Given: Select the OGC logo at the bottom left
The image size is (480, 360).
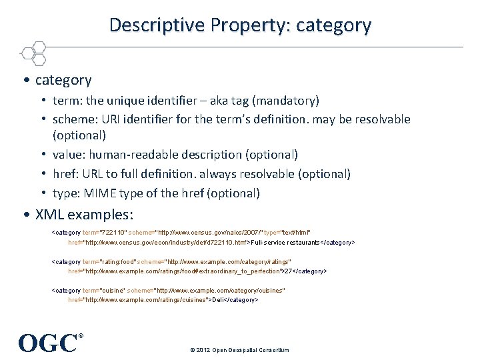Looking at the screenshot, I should coord(49,343).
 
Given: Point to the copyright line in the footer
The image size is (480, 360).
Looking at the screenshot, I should coord(239,349).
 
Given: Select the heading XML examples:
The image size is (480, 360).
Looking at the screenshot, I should coord(84,215).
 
